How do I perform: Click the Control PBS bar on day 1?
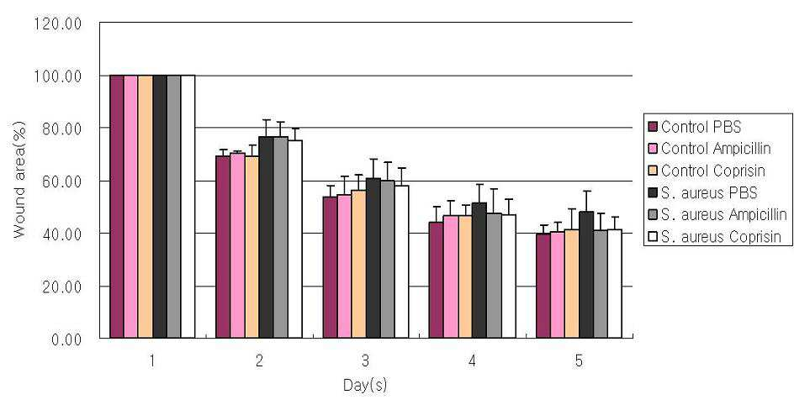[117, 207]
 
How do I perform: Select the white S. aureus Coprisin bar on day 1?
[188, 207]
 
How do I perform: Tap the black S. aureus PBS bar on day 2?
[266, 237]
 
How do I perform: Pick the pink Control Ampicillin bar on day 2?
[238, 245]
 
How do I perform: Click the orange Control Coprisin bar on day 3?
[358, 264]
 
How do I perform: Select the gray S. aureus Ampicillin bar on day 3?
[387, 260]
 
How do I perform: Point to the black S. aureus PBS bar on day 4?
[479, 271]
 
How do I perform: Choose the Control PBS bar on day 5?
[543, 286]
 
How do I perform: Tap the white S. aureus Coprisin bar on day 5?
[614, 284]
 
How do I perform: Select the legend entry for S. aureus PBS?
[702, 193]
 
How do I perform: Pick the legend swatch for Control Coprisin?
[652, 171]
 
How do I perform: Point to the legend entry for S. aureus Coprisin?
[714, 237]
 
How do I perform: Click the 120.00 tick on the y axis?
[57, 24]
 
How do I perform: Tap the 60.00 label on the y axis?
[62, 181]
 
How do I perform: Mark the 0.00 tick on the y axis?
[66, 339]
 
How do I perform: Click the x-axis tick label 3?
[365, 361]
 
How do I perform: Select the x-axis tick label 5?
[579, 361]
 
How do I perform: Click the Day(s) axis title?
[365, 386]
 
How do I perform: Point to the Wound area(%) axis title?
[19, 180]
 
